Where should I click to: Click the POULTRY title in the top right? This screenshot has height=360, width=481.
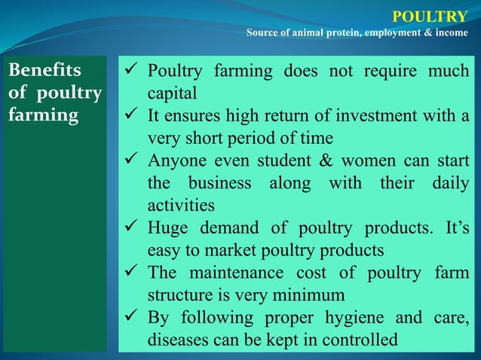pos(430,16)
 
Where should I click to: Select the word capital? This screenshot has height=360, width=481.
pos(172,94)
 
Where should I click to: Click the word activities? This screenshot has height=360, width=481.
pos(181,206)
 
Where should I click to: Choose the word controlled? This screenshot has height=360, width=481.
pos(355,340)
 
